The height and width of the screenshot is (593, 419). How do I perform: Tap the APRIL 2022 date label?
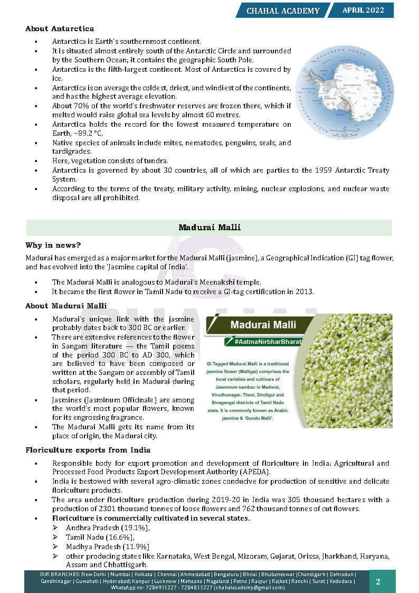363,10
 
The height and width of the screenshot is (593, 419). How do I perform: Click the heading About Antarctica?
60,29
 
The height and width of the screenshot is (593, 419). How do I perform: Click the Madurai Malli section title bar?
209,228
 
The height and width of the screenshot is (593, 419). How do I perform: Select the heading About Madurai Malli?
66,306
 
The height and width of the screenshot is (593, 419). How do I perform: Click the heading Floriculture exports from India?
88,450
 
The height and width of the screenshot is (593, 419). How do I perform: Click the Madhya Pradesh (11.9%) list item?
108,547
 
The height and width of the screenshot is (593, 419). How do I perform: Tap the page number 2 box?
378,581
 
